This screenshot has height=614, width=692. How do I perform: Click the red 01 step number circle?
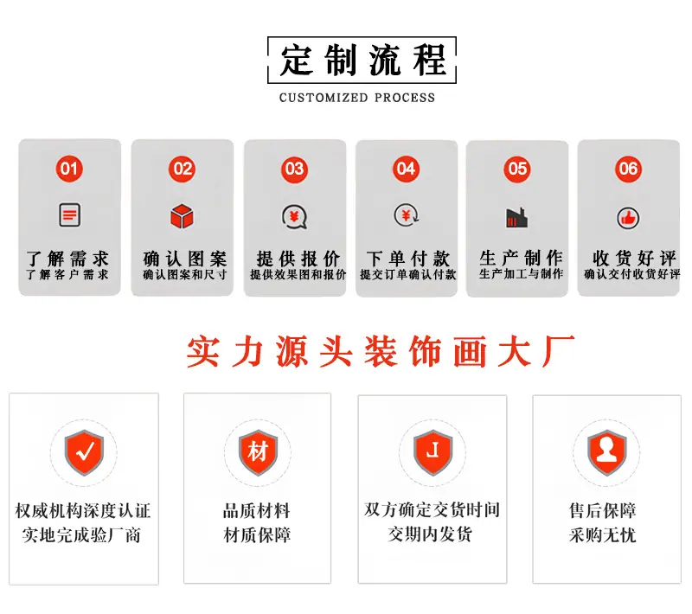point(69,169)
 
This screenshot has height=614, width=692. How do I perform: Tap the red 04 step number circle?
point(406,169)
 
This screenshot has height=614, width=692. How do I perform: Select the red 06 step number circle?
point(629,169)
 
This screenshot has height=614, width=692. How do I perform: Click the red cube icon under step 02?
point(182,216)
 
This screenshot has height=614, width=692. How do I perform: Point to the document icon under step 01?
point(70,214)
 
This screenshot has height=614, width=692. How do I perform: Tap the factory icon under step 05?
point(516,218)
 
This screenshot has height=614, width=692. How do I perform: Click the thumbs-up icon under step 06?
point(628,218)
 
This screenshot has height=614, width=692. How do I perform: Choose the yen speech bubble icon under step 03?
point(294,216)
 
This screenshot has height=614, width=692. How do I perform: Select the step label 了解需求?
point(67,259)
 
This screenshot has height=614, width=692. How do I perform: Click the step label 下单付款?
point(407,259)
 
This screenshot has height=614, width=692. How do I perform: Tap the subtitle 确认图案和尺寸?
point(184,275)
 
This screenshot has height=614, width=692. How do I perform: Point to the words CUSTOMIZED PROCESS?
point(357,98)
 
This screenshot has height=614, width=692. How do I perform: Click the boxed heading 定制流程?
point(362,61)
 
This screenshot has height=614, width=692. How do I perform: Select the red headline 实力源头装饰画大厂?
point(381,351)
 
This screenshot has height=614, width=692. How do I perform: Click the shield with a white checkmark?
point(84,452)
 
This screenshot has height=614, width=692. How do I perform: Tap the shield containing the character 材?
point(258,452)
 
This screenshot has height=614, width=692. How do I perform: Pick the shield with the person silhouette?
point(607,452)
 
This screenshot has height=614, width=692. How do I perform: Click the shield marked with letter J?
point(433,452)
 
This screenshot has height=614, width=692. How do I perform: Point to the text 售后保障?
point(603,510)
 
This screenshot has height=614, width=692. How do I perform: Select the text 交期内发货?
point(430,534)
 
